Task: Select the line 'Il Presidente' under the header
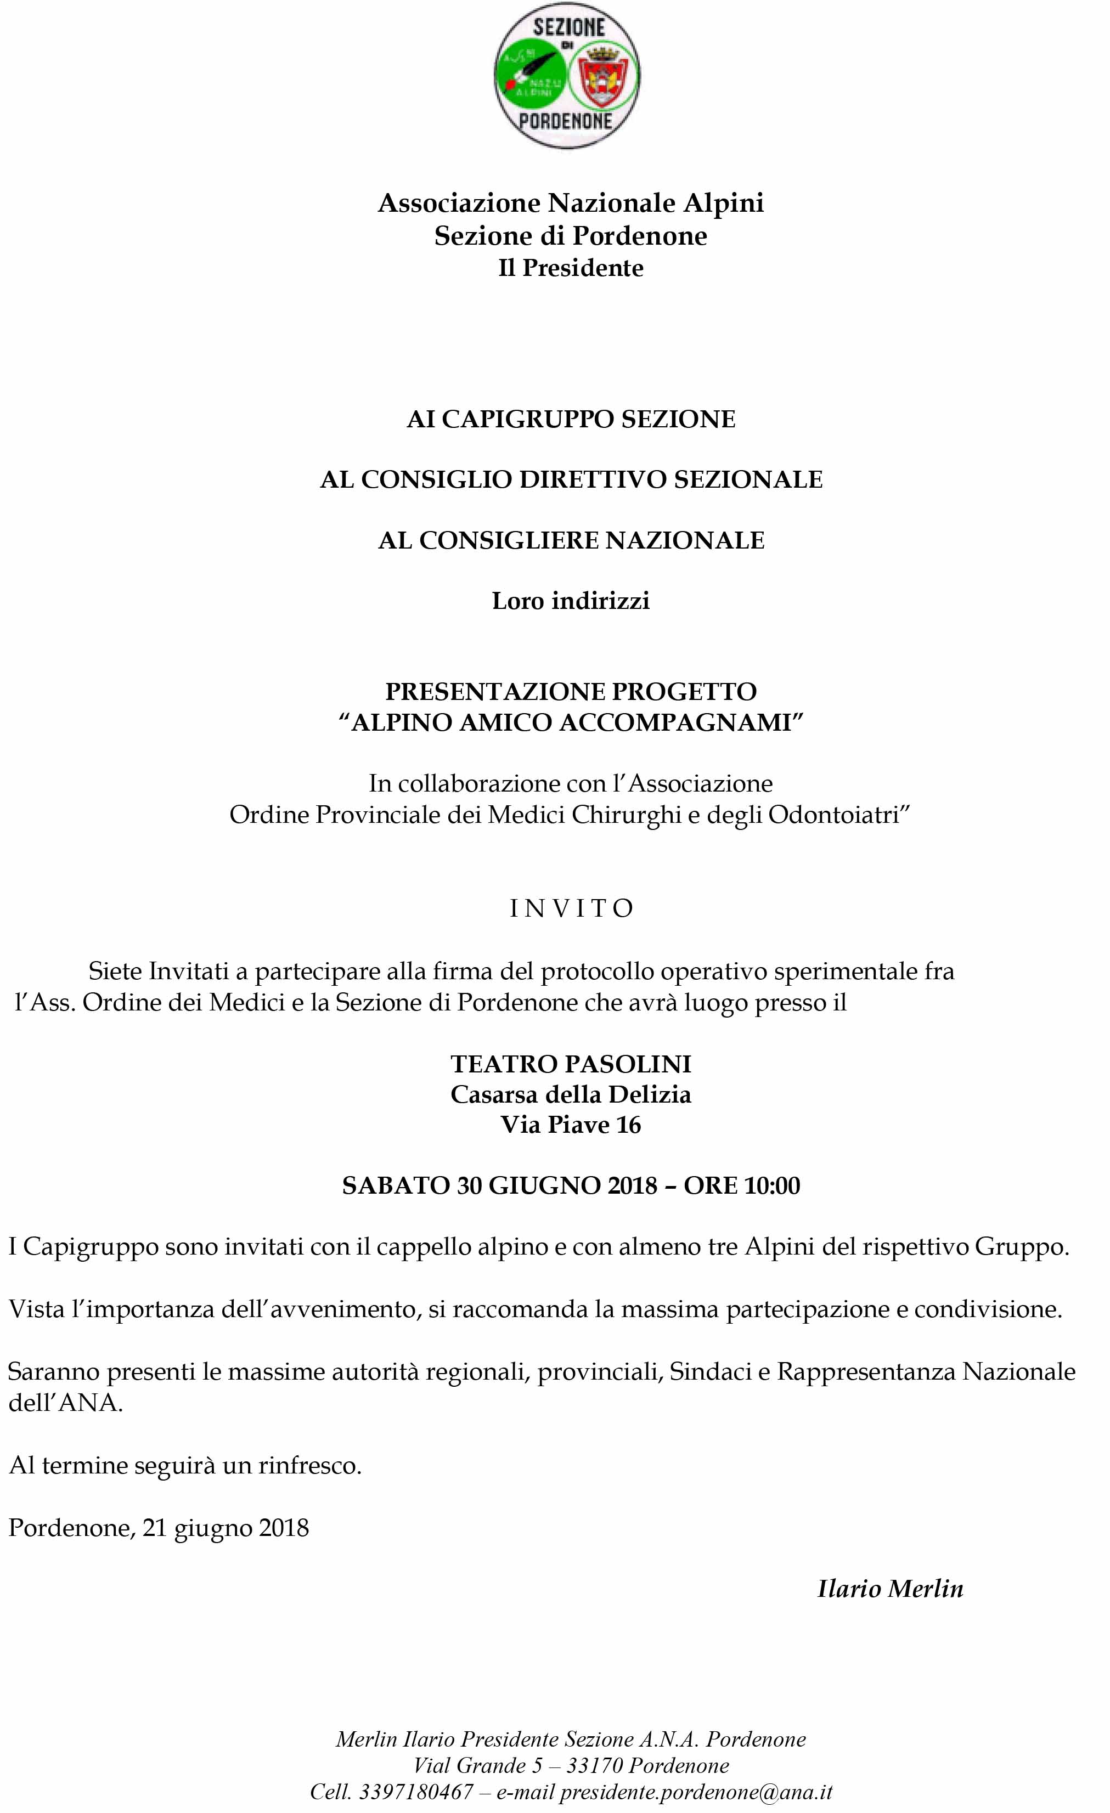[x=571, y=268]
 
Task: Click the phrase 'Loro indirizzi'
[x=571, y=601]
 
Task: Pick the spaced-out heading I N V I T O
[x=571, y=909]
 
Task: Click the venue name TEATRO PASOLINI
[x=571, y=1064]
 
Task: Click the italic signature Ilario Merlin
[x=890, y=1589]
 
